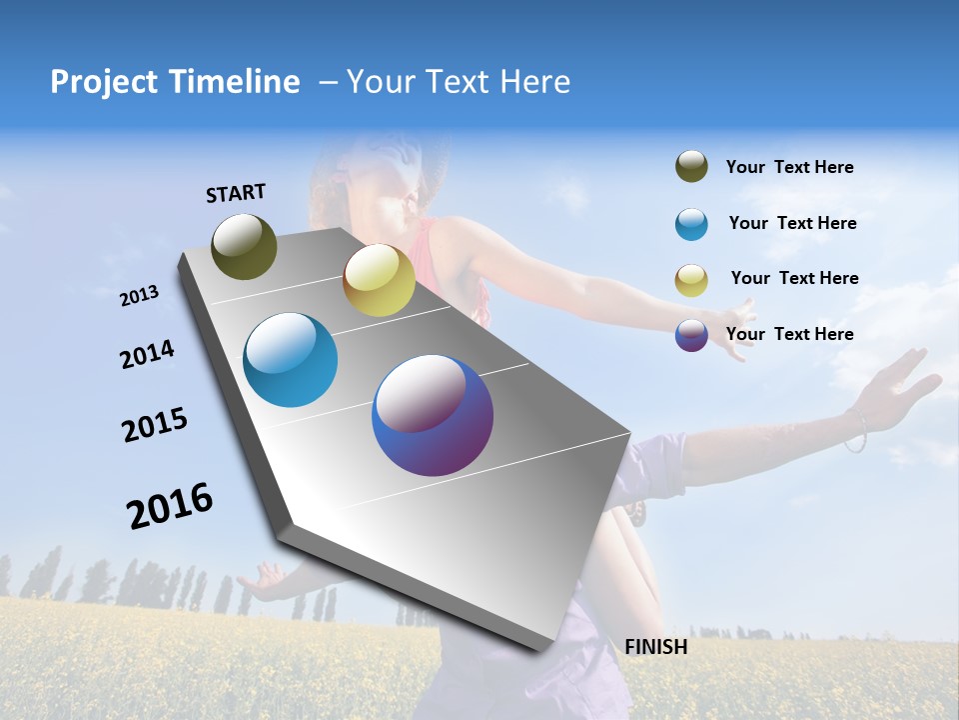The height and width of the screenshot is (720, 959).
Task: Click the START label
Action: [x=236, y=192]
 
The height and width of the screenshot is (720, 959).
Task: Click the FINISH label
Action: [x=655, y=647]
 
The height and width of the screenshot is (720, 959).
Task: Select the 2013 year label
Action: [x=139, y=296]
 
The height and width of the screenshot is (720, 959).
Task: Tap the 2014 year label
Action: [x=147, y=354]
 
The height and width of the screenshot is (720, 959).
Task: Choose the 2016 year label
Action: [x=170, y=505]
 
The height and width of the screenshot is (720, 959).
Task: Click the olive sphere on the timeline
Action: [x=244, y=246]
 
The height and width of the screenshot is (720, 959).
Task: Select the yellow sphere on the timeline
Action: [x=379, y=280]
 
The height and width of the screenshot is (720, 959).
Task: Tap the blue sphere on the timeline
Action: [x=291, y=360]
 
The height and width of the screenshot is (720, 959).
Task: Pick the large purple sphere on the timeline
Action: [x=433, y=415]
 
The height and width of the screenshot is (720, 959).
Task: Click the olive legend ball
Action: [x=691, y=167]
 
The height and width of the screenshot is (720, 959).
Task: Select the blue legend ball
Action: [x=691, y=224]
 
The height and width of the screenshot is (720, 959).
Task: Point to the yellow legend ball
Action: [x=691, y=280]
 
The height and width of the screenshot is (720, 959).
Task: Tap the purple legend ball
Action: [x=691, y=335]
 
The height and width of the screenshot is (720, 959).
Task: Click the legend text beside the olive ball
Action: [x=789, y=167]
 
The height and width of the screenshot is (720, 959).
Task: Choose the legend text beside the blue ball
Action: [x=792, y=223]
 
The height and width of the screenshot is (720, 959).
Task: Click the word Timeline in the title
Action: [x=229, y=82]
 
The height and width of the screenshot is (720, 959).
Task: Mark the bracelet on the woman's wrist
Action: [x=855, y=431]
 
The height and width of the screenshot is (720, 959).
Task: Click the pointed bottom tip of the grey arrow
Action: [x=539, y=648]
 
